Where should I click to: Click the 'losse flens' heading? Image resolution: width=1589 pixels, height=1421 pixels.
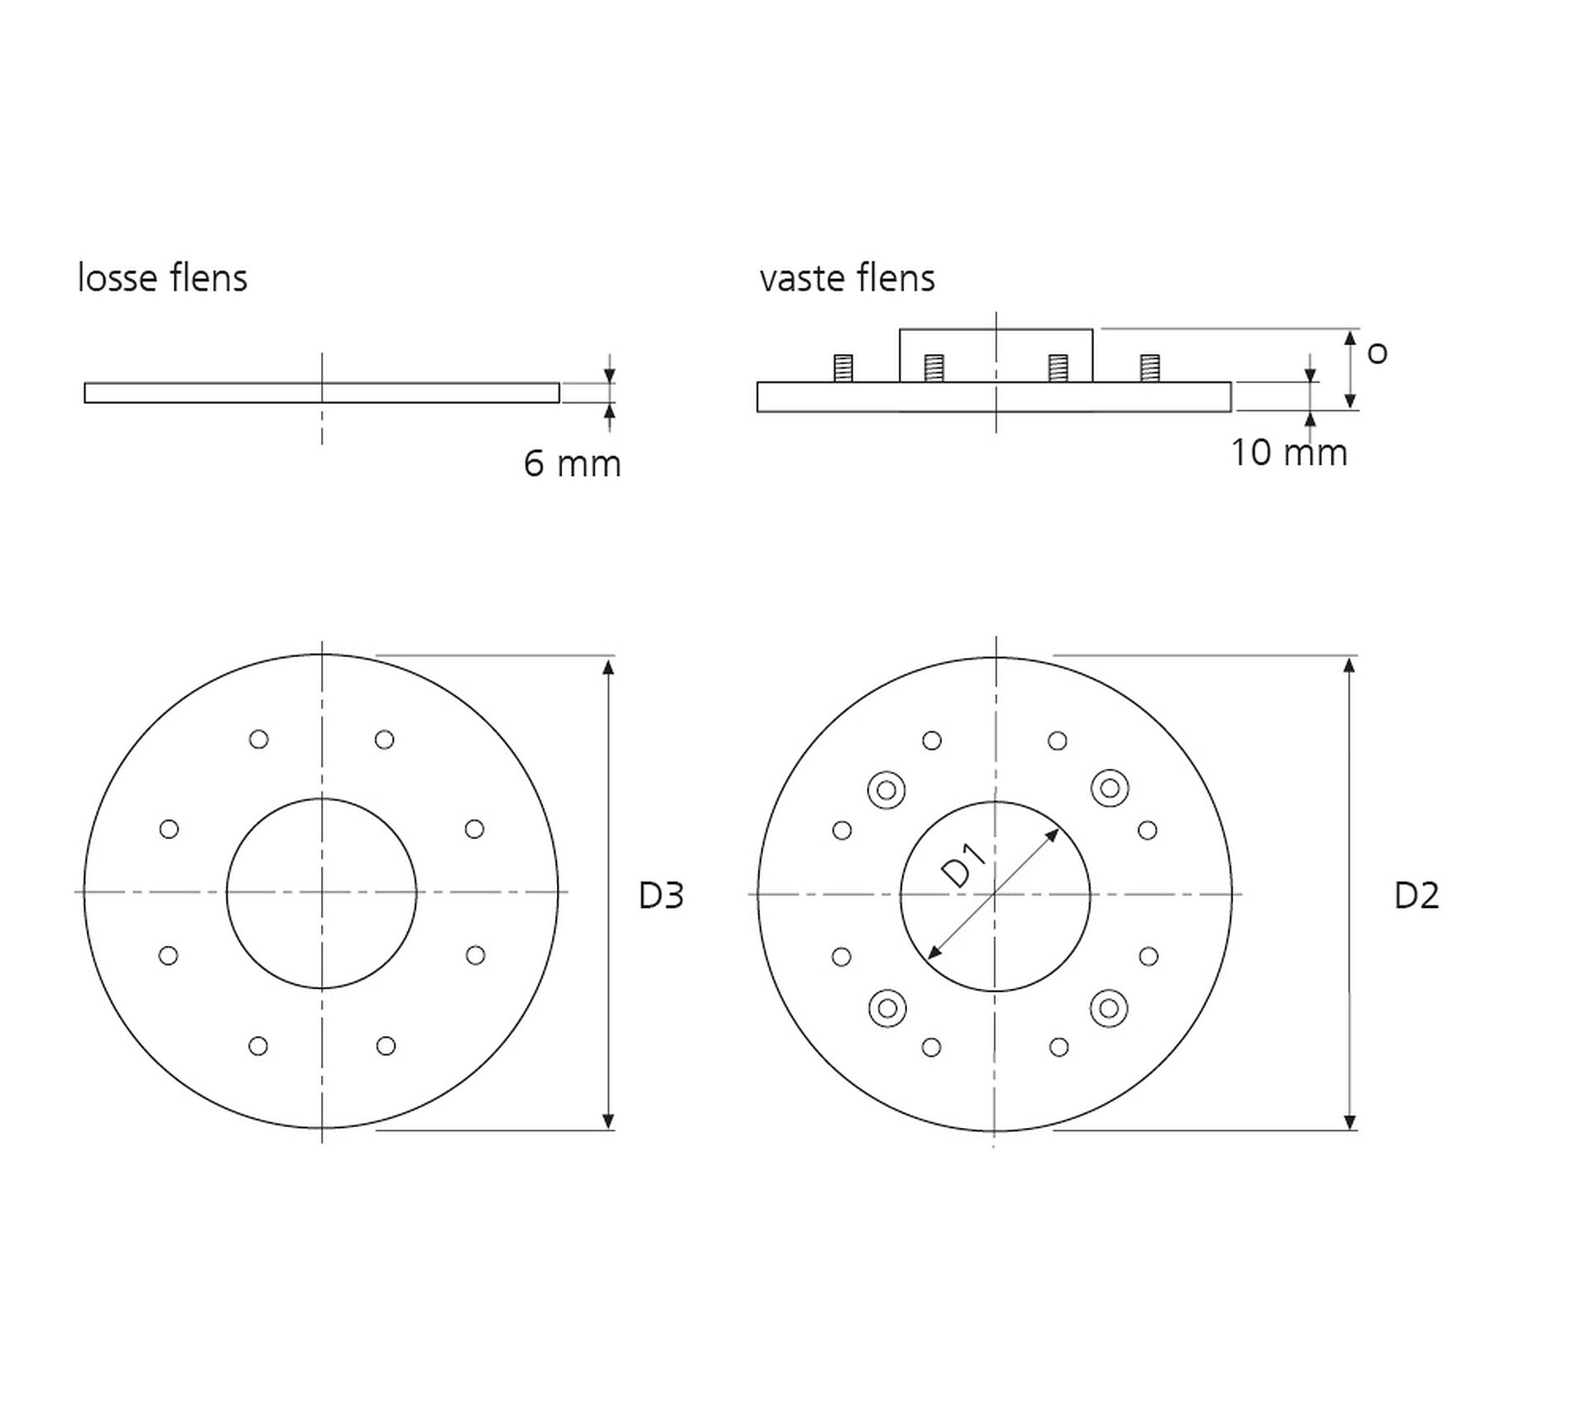point(162,278)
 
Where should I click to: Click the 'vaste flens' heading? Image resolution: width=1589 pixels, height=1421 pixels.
point(847,278)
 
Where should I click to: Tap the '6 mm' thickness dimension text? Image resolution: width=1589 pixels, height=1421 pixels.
point(572,463)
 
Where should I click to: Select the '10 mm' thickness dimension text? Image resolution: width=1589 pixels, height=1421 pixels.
point(1289,453)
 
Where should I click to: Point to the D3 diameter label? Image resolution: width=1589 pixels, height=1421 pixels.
point(661,895)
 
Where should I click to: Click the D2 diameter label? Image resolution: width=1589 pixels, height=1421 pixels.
point(1417,895)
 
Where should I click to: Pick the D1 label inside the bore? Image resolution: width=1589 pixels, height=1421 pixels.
point(965,865)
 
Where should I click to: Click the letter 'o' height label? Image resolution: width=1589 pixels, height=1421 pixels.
point(1377,354)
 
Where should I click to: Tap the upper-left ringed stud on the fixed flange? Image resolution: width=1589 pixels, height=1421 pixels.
point(886,790)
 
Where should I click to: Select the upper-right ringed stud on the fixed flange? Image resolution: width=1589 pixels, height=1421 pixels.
point(1110,788)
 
